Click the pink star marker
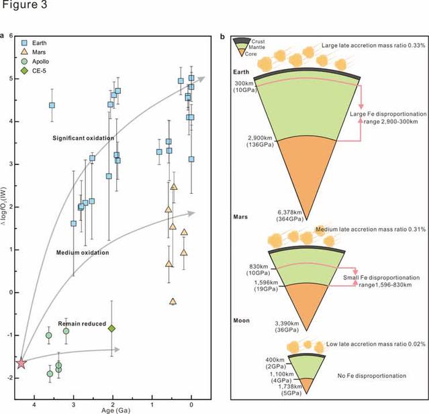click(x=21, y=362)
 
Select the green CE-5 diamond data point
click(x=112, y=328)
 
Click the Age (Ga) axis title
click(x=107, y=407)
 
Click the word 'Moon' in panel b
click(x=242, y=320)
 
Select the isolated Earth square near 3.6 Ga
click(x=52, y=105)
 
